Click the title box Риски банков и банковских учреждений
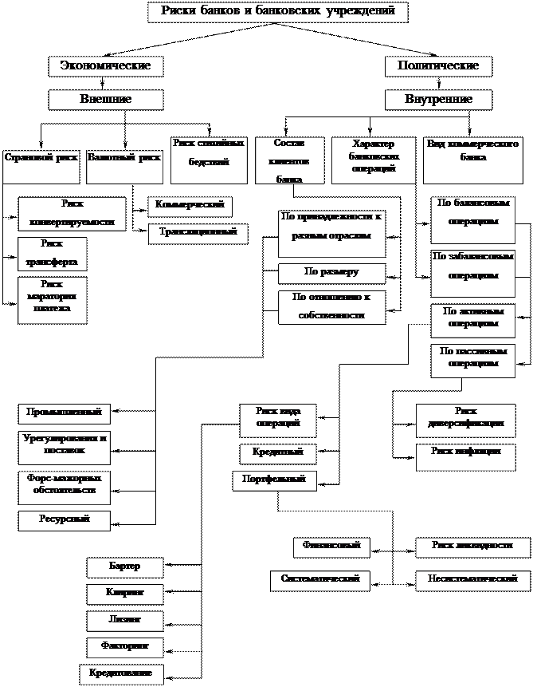278,12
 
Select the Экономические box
106,66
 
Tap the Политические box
438,66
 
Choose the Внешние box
106,100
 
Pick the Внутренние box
438,100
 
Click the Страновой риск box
41,158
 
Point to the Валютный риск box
124,158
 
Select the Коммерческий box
190,206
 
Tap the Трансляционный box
198,233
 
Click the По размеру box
331,273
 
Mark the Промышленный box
65,413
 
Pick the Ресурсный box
65,520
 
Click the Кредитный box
278,453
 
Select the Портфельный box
275,480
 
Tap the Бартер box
125,567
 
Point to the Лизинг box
125,620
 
